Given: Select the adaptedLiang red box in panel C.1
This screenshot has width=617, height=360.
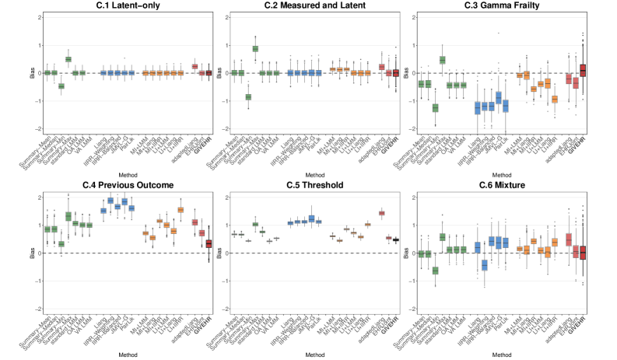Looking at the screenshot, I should [x=195, y=67].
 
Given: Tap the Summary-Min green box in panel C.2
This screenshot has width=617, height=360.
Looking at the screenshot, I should [x=248, y=96].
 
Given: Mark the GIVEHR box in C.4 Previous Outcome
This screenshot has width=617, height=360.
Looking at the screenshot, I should [x=209, y=243].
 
